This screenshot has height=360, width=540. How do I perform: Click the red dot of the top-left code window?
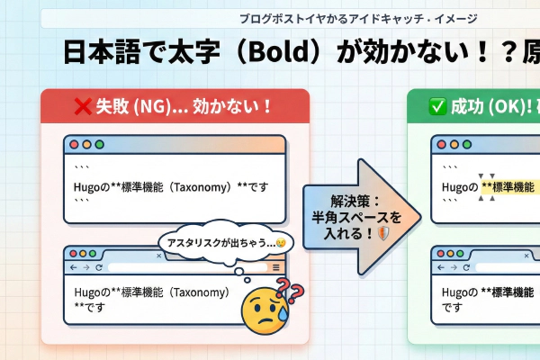74,144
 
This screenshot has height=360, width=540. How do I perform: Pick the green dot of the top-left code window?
99,144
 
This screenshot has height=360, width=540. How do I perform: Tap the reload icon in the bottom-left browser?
98,267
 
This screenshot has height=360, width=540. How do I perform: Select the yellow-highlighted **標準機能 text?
508,187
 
